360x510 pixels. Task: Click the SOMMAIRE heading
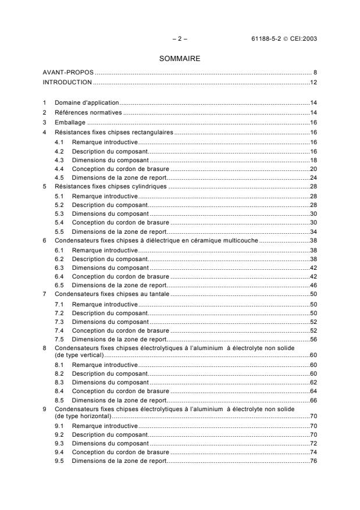pos(180,58)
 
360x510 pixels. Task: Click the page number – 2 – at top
pos(180,39)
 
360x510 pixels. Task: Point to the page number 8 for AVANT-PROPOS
pos(314,73)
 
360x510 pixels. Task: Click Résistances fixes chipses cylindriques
pos(111,186)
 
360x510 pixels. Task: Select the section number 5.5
pos(59,231)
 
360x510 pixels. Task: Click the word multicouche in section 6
pos(243,240)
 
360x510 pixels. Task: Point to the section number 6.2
pos(59,258)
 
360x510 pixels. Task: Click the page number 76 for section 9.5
pos(312,461)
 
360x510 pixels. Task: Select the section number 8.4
pos(59,391)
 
